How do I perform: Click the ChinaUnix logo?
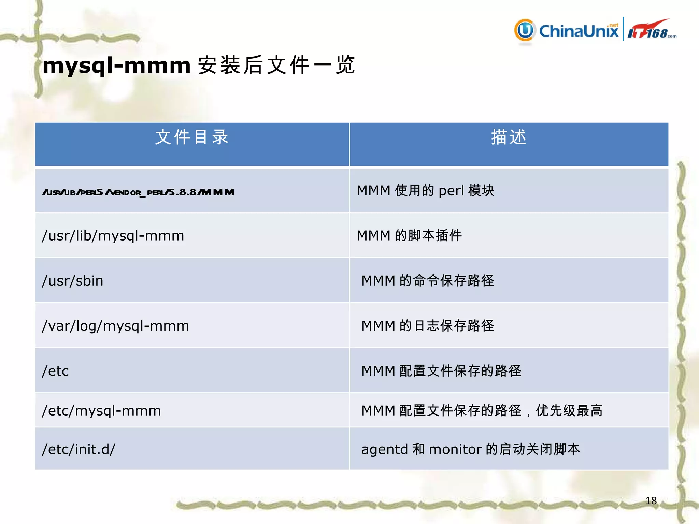click(567, 31)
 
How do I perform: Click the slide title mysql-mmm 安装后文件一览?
click(198, 65)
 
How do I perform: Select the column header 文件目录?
click(192, 137)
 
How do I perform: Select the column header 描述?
click(509, 137)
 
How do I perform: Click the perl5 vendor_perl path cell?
click(138, 192)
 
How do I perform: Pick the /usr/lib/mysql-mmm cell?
click(113, 236)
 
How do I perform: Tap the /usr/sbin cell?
click(72, 281)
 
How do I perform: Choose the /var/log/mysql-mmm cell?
click(115, 326)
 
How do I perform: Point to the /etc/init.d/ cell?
click(79, 449)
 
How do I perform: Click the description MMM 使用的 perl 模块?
click(425, 191)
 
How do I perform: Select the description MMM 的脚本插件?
click(409, 236)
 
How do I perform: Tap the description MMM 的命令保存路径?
click(428, 281)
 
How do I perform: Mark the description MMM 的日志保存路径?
click(428, 326)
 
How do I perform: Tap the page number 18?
click(651, 500)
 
